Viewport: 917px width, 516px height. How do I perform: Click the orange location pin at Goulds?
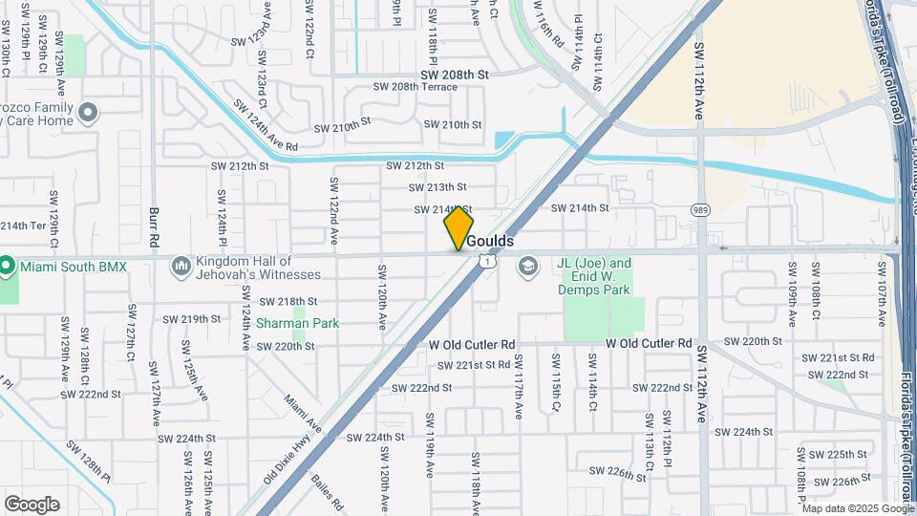[458, 227]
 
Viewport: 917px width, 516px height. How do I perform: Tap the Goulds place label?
[490, 242]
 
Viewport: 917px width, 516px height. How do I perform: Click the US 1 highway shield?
[488, 261]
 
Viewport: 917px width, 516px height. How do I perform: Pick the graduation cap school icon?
[527, 267]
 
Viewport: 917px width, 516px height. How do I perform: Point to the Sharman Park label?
[297, 324]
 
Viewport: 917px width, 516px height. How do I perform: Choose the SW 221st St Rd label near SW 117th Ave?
[475, 365]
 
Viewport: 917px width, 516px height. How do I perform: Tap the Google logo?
[32, 505]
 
